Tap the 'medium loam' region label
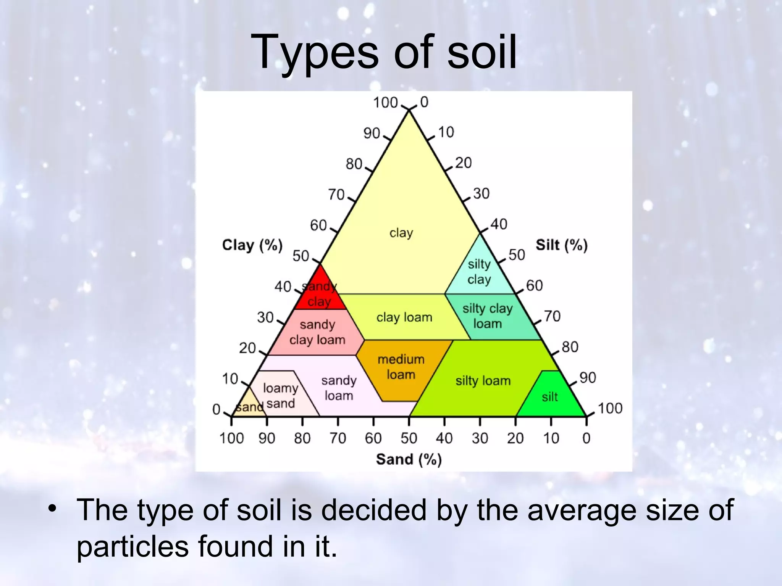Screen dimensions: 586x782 401,367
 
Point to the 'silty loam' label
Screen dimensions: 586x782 483,380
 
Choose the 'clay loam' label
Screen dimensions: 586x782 404,317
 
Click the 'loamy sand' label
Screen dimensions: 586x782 281,396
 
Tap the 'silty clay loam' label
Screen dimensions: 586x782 488,316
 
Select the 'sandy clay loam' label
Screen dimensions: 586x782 317,332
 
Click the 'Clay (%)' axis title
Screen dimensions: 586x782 252,245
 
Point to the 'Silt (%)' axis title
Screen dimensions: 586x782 561,245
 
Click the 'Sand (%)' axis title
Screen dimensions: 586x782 409,459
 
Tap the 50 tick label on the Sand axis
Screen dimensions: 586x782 409,438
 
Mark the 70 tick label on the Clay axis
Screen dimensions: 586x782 336,195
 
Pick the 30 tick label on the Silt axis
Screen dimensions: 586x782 481,193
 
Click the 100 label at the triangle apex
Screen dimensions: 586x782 386,103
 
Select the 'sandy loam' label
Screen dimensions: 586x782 339,388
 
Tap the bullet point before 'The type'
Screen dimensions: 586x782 53,509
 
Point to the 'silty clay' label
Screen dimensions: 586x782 479,272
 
